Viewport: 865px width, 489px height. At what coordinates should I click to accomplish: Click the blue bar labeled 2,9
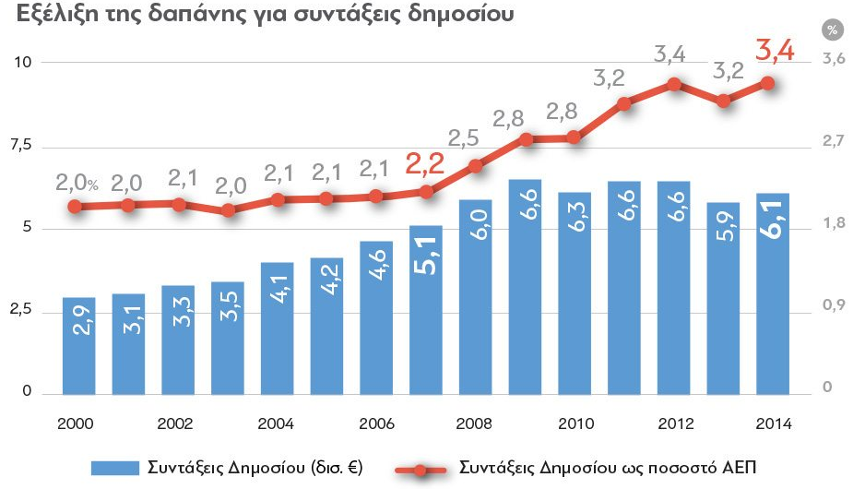[79, 346]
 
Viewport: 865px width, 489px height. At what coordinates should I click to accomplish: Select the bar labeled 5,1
[426, 309]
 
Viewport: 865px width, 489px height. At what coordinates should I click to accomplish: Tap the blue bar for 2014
[773, 293]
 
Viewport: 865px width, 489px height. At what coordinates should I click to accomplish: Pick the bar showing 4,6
[376, 317]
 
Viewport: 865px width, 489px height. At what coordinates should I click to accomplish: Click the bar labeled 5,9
[723, 297]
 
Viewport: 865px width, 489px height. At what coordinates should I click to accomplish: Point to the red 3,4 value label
[775, 49]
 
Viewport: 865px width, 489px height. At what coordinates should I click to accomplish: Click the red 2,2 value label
[425, 163]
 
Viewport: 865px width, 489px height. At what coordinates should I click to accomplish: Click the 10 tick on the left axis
[21, 62]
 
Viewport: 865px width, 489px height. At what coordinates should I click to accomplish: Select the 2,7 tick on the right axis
[834, 140]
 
